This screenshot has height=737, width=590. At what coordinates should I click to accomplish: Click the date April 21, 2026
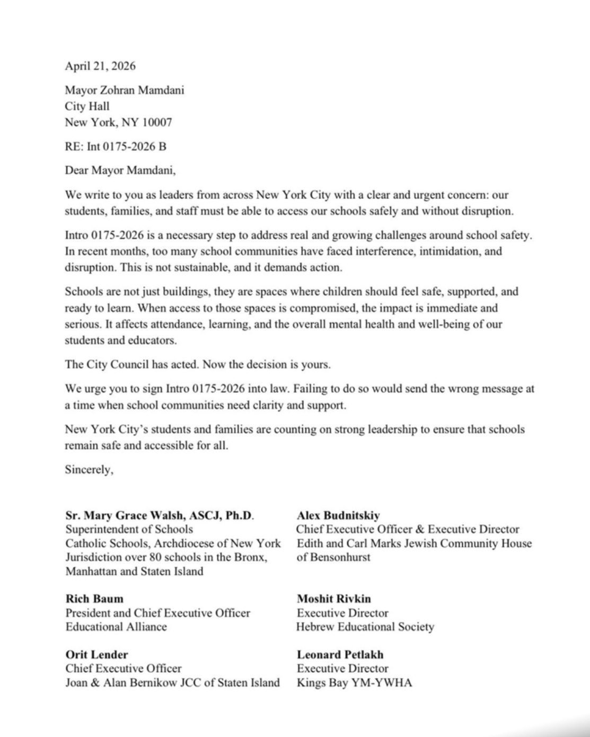(100, 66)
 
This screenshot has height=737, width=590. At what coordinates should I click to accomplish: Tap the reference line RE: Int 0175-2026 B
(116, 146)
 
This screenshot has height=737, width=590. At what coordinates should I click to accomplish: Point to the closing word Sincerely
(89, 469)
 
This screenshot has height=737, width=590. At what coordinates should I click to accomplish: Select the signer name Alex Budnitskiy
(338, 515)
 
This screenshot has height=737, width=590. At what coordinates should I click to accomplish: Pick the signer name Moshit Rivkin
(334, 599)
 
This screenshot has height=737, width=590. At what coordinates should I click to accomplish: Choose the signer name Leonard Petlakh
(340, 655)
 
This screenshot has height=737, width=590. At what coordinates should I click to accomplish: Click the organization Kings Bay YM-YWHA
(354, 683)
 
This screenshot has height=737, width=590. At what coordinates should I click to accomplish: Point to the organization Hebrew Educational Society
(365, 627)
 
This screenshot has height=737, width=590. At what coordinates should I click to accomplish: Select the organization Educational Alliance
(116, 627)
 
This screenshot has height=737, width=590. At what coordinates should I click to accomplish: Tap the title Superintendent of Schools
(129, 529)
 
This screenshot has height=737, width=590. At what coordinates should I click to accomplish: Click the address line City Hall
(87, 106)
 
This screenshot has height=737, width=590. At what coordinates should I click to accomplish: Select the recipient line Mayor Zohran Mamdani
(125, 90)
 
